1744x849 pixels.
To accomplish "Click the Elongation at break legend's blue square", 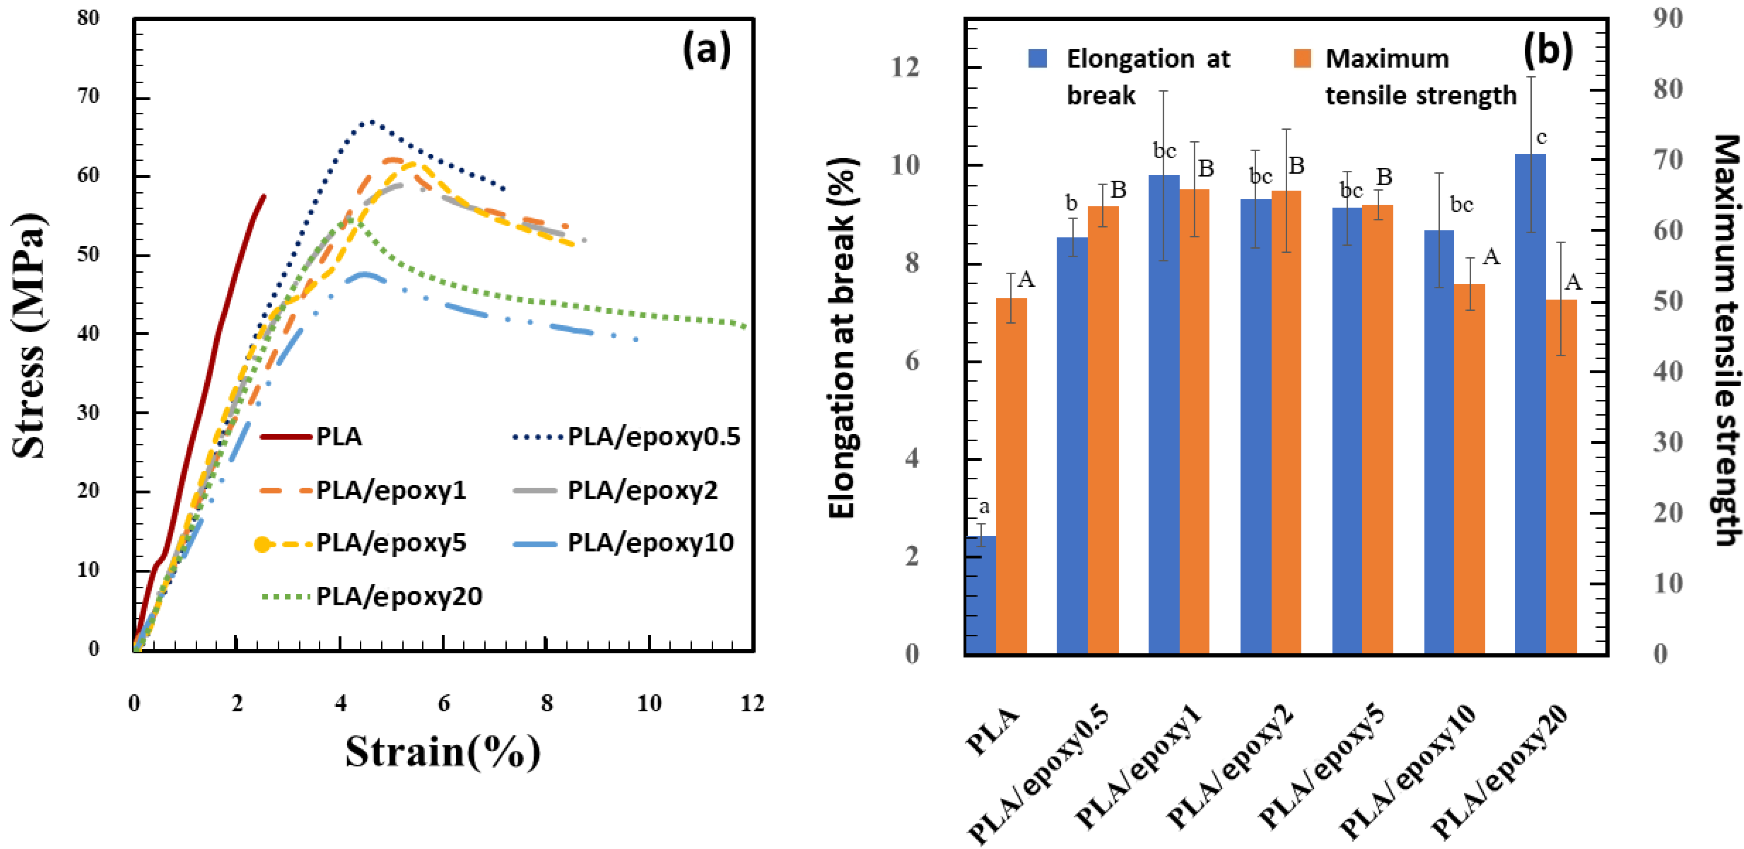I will pyautogui.click(x=1037, y=59).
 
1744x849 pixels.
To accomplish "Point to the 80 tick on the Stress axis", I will pyautogui.click(x=88, y=18).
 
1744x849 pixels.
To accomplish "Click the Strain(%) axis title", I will pyautogui.click(x=443, y=752).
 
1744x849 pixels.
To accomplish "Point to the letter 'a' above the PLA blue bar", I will pyautogui.click(x=984, y=506).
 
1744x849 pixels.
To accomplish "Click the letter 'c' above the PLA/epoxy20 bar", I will pyautogui.click(x=1542, y=138).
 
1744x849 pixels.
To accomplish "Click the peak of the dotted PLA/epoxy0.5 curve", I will pyautogui.click(x=371, y=122).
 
